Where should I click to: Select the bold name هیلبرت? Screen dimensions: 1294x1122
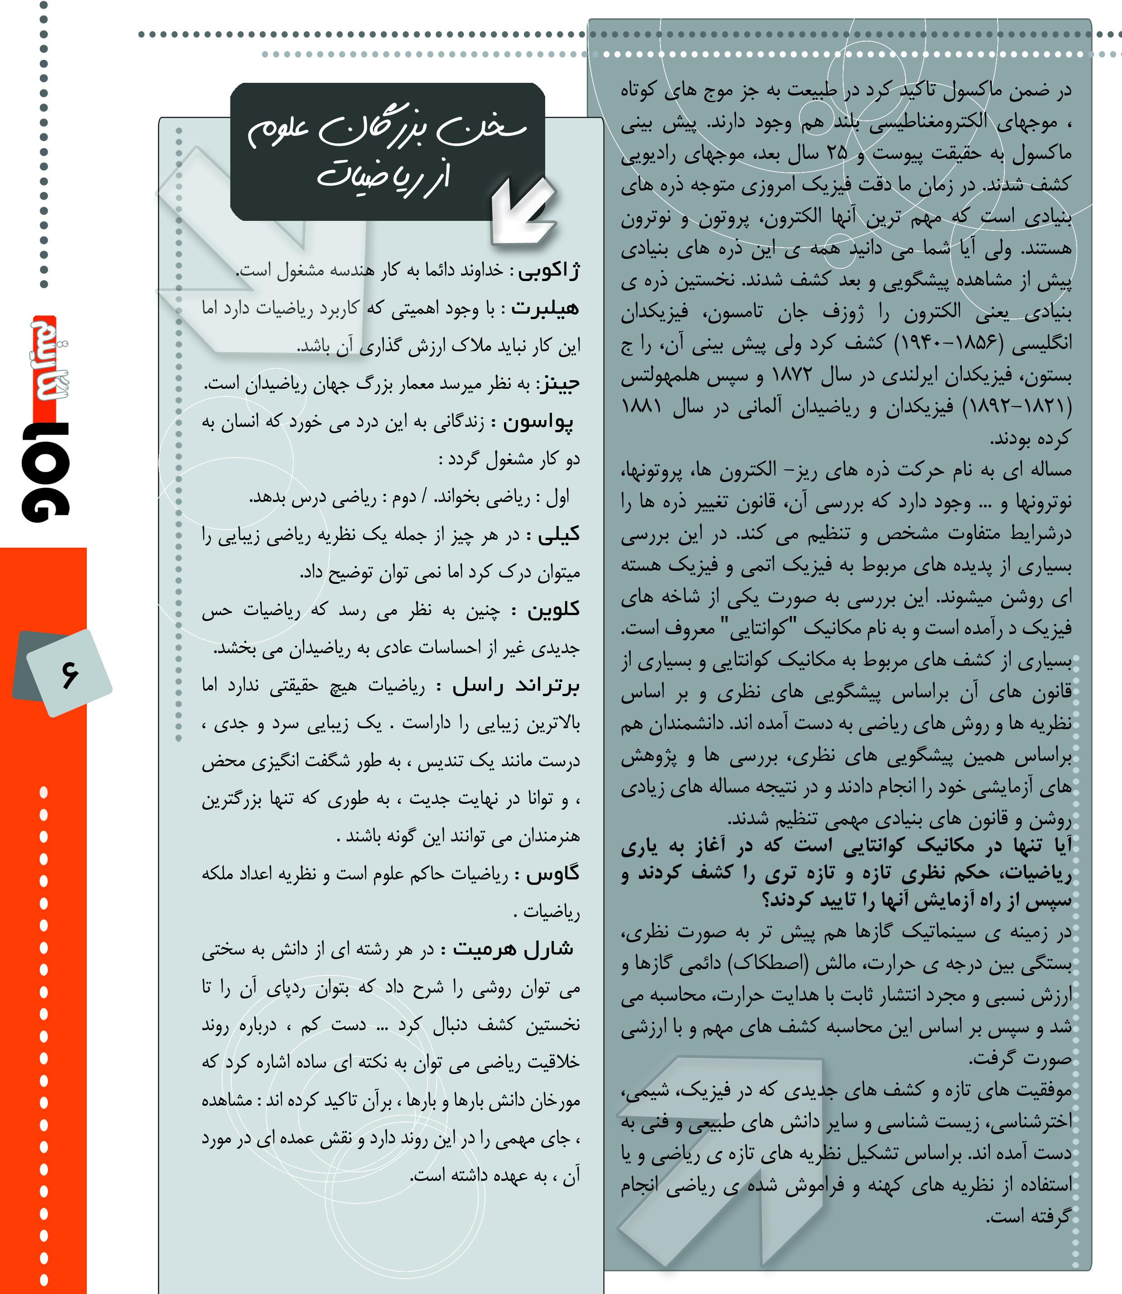coord(545,308)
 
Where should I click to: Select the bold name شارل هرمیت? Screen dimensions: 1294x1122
coord(513,949)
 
